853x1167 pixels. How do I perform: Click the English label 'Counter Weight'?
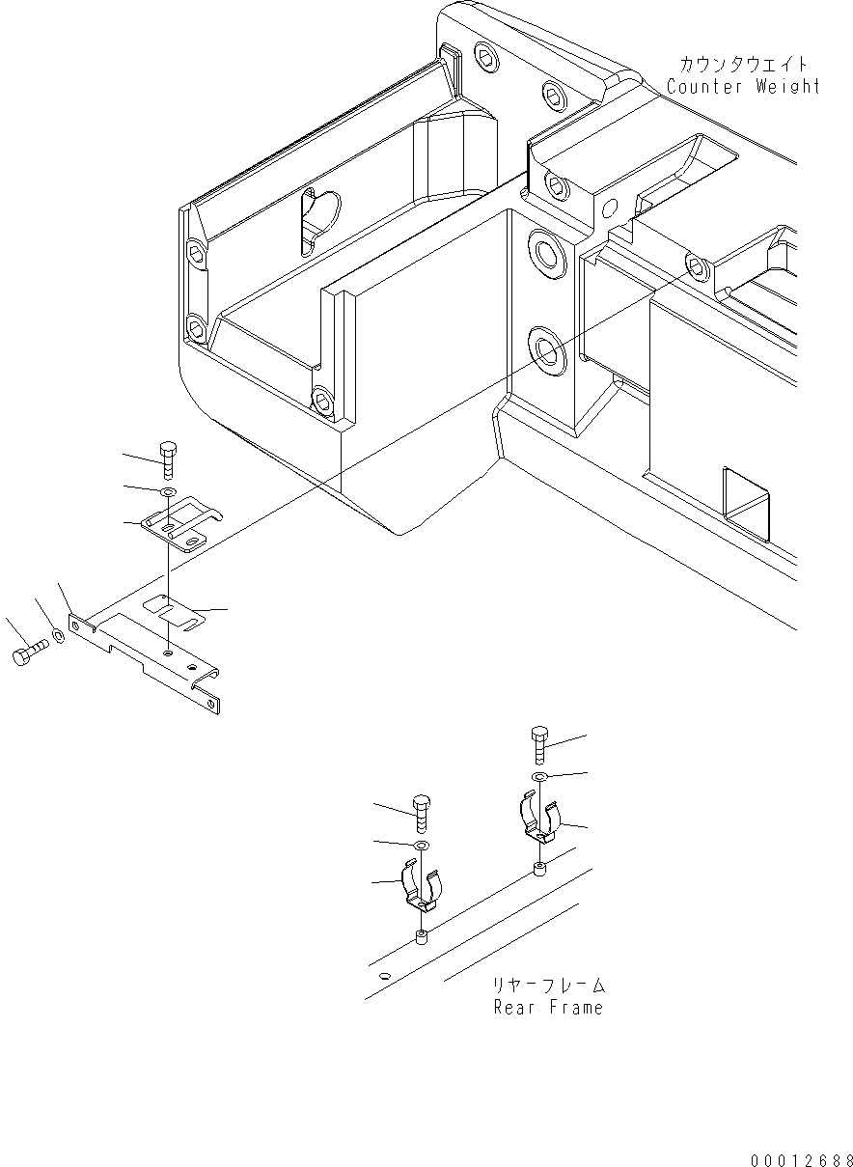pyautogui.click(x=743, y=86)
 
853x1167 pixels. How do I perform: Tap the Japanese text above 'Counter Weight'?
pyautogui.click(x=743, y=64)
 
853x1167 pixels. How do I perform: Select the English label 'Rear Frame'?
pyautogui.click(x=548, y=1008)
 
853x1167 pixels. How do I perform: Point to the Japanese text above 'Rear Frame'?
pyautogui.click(x=548, y=986)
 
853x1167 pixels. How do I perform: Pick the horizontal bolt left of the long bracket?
pyautogui.click(x=29, y=655)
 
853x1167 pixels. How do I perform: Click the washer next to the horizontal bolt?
pyautogui.click(x=57, y=636)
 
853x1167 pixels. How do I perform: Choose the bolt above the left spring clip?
pyautogui.click(x=421, y=816)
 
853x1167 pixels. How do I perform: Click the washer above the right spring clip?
pyautogui.click(x=540, y=777)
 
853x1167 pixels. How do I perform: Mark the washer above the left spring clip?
pyautogui.click(x=422, y=847)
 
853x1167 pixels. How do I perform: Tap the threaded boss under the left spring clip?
pyautogui.click(x=421, y=937)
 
